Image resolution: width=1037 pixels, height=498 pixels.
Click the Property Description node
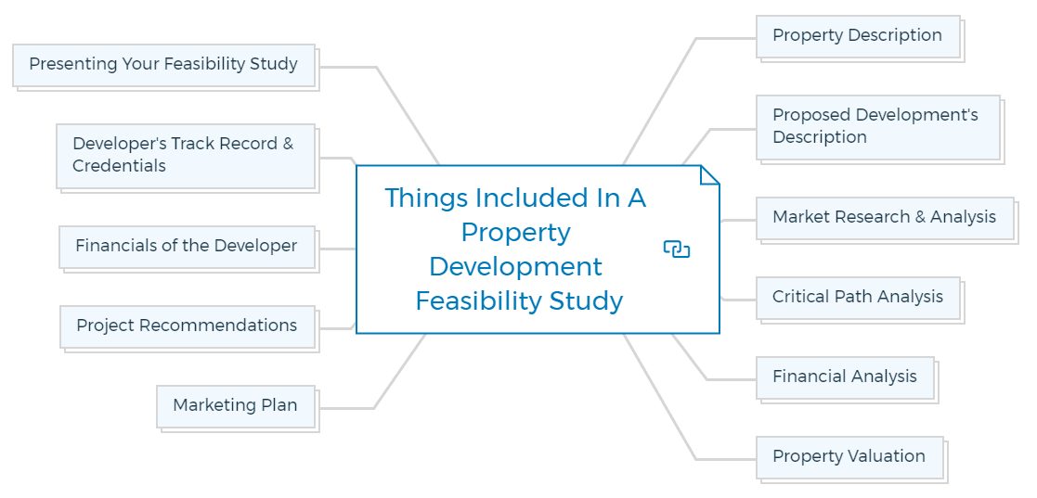click(857, 36)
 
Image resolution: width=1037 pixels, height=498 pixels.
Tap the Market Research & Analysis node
click(884, 217)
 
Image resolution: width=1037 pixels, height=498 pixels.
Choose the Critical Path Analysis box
click(857, 297)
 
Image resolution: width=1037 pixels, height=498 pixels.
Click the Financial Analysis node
click(844, 377)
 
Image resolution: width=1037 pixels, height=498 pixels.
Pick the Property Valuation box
click(849, 456)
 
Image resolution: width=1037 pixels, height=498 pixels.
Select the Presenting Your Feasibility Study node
click(163, 65)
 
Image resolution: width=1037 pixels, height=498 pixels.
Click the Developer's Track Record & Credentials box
click(184, 155)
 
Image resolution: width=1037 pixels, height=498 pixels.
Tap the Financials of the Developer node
click(186, 246)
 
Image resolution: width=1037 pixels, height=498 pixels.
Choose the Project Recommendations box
click(187, 326)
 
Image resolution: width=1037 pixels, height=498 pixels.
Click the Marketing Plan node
click(235, 405)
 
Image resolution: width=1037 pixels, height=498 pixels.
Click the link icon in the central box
click(677, 249)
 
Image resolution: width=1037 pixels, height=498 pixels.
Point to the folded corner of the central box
click(710, 174)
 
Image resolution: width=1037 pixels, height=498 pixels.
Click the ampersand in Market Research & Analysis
click(920, 217)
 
